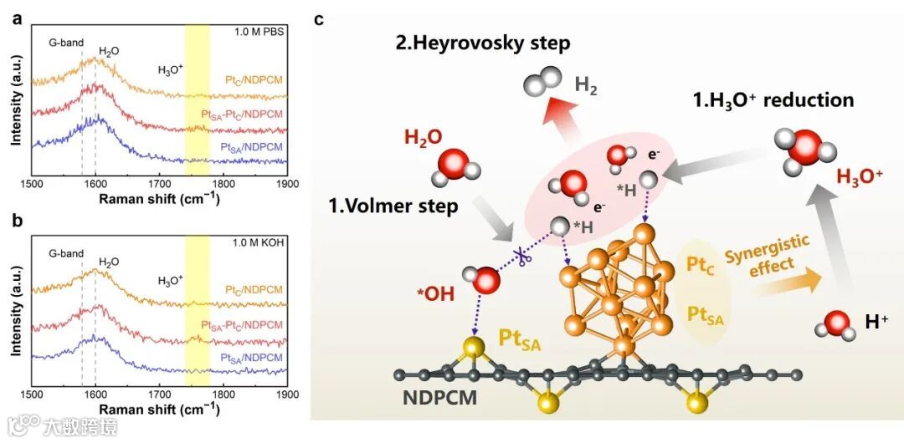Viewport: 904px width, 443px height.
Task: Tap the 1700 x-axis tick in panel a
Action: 159,182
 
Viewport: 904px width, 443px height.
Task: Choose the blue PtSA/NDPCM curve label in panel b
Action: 252,358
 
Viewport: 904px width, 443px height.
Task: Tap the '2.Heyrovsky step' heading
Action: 483,42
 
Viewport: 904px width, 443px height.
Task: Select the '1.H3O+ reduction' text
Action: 773,100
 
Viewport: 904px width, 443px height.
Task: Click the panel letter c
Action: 319,17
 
